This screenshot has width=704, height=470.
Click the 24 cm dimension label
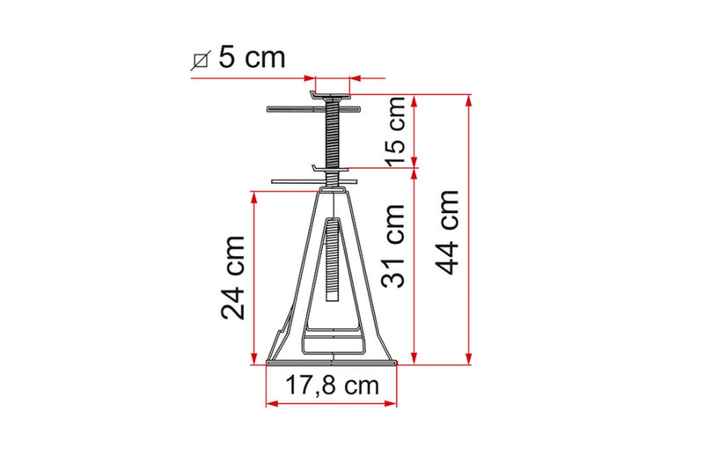click(x=234, y=277)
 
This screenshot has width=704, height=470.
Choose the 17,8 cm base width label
click(x=333, y=386)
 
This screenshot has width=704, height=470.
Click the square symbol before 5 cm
click(x=200, y=60)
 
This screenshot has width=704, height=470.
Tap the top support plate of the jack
click(x=331, y=92)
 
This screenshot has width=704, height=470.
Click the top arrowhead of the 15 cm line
click(x=414, y=98)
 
